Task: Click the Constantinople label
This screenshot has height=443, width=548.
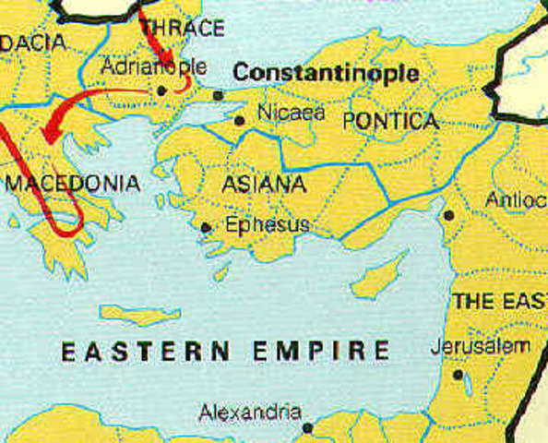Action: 326,73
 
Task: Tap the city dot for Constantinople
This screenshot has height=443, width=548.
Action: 218,95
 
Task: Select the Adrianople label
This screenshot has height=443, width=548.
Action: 153,67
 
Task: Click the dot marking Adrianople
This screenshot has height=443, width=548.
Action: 162,90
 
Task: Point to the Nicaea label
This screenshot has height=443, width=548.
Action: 292,113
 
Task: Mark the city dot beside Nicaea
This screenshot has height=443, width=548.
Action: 240,119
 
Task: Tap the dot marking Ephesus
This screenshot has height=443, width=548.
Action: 206,226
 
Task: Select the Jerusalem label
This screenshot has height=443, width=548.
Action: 481,347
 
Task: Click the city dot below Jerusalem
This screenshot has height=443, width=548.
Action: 458,375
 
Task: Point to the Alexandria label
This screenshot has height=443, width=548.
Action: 250,412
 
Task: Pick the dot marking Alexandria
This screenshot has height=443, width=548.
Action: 308,427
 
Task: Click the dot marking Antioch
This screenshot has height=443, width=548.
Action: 447,215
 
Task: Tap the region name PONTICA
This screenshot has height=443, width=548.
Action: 389,121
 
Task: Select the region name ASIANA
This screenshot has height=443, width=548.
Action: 264,185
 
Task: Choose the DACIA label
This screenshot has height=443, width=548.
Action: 35,42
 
